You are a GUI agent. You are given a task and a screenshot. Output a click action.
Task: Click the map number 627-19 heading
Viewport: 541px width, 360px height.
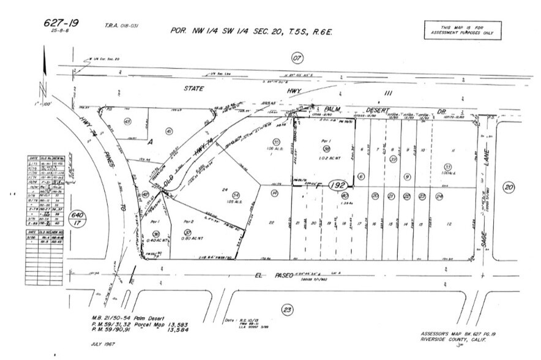point(61,23)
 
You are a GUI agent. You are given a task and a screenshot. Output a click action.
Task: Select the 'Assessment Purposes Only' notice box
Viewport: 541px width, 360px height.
point(463,30)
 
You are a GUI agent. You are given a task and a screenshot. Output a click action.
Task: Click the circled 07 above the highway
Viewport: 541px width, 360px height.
point(297,58)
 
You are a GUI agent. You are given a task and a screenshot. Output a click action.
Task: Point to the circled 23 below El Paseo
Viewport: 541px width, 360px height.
point(288,310)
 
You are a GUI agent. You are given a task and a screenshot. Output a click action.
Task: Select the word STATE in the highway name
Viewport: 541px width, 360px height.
point(195,89)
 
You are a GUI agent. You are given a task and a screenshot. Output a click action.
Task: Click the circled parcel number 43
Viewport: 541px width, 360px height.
point(127,121)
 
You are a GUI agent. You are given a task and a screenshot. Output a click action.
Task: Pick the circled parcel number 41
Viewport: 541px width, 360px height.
point(170,130)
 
